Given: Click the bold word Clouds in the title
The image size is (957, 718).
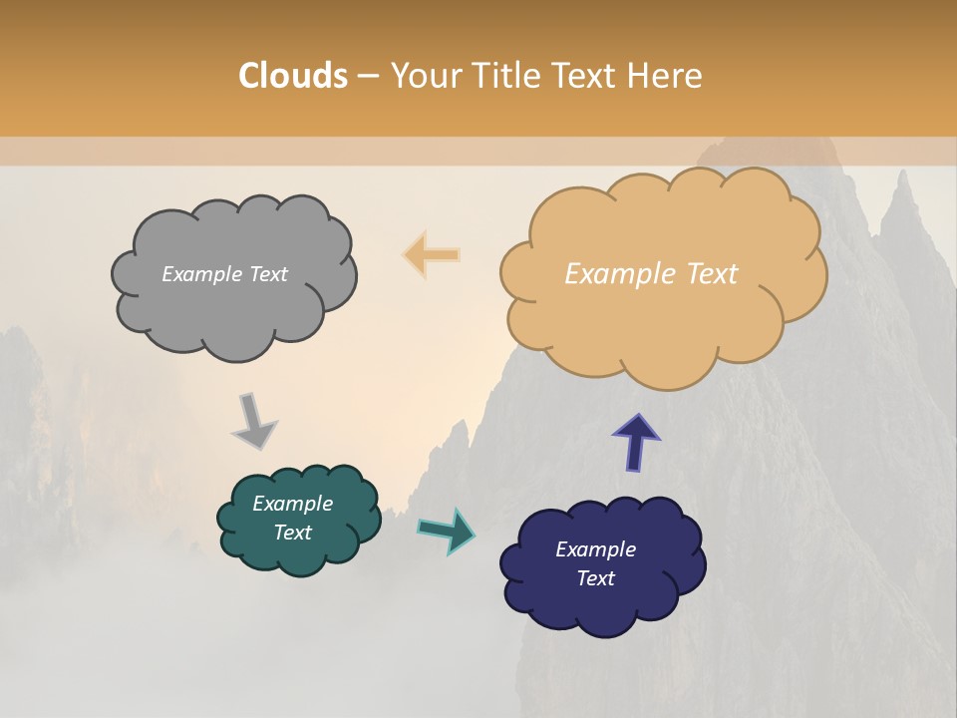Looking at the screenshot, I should tap(293, 76).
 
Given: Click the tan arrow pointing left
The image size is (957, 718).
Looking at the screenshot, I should tap(432, 255).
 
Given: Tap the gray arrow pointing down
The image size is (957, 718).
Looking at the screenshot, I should tap(254, 420).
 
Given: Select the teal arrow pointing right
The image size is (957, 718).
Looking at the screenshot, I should tap(447, 530).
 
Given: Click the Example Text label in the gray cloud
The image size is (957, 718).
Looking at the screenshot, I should tap(224, 274).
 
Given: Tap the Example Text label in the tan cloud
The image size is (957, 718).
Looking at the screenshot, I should tap(651, 274).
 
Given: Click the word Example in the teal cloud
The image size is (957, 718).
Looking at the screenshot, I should tap(292, 505).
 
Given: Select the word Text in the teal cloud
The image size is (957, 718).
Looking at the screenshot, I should tap(292, 533).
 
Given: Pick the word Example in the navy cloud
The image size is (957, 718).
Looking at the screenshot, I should tap(595, 549).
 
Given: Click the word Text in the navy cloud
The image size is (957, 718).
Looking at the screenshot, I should tap(595, 578).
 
